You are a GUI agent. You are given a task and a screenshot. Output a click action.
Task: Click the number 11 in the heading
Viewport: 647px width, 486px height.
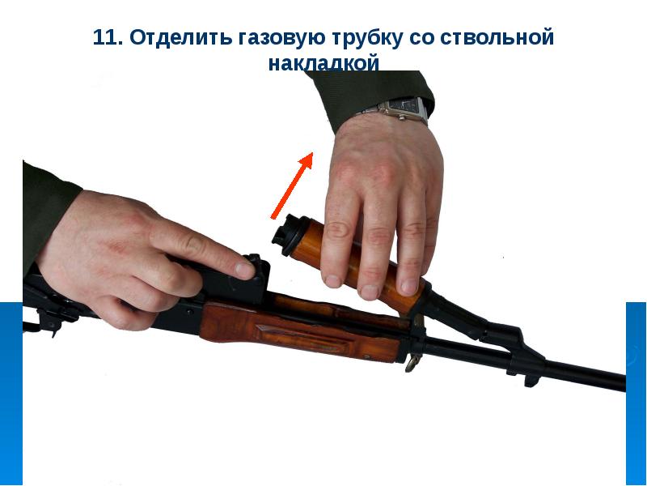pyautogui.click(x=106, y=37)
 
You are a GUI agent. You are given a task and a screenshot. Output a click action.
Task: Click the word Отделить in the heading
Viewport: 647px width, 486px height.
pyautogui.click(x=180, y=37)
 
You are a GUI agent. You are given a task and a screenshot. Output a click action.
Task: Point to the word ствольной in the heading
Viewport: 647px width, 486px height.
pyautogui.click(x=497, y=37)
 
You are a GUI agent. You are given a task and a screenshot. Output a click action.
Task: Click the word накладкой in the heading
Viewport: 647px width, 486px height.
pyautogui.click(x=323, y=64)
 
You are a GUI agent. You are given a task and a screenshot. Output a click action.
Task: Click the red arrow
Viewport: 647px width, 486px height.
pyautogui.click(x=292, y=185)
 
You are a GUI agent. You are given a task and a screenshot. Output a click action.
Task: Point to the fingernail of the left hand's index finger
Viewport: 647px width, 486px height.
pyautogui.click(x=244, y=270)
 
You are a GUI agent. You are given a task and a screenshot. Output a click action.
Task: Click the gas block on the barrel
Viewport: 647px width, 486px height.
pyautogui.click(x=512, y=343)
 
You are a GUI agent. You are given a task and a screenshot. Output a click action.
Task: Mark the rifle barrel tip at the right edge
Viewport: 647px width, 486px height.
pyautogui.click(x=623, y=382)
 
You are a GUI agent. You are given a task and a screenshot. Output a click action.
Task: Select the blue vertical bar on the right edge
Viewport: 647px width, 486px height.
pyautogui.click(x=636, y=394)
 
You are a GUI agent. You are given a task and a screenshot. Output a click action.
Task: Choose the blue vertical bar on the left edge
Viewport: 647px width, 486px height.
pyautogui.click(x=11, y=394)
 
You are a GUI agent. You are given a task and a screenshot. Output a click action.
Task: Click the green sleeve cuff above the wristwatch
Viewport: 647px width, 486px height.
pyautogui.click(x=371, y=97)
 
